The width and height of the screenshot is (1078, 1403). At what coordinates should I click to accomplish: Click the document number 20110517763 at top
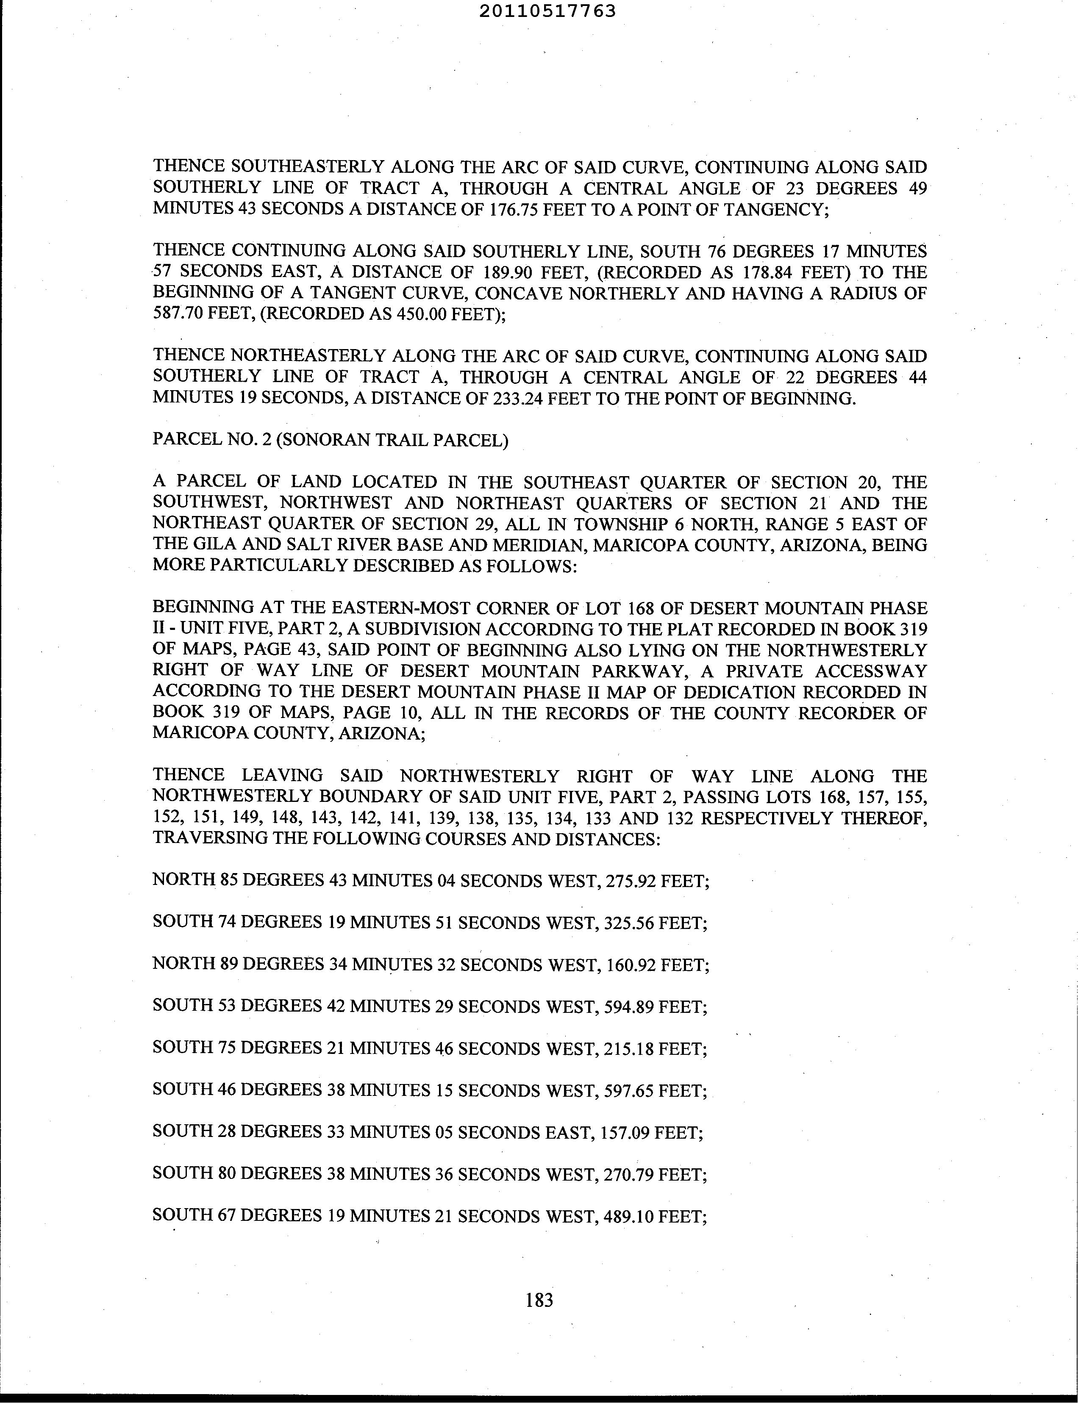[x=547, y=11]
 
